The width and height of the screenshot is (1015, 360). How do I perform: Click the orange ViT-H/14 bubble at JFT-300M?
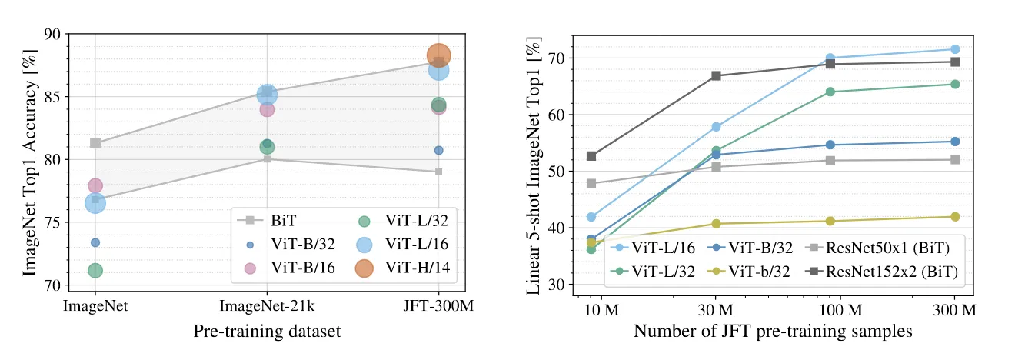[438, 55]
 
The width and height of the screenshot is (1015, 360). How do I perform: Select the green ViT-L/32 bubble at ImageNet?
[95, 270]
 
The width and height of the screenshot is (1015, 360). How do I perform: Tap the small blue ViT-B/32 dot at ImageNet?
[95, 242]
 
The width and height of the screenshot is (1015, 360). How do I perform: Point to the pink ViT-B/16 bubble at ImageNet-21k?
[267, 109]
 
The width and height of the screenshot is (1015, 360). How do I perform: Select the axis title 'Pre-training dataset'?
[266, 332]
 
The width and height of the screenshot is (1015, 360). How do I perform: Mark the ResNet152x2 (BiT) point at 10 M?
[591, 156]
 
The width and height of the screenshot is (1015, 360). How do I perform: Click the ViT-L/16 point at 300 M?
[955, 49]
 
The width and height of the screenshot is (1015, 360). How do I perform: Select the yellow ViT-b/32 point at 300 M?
[955, 217]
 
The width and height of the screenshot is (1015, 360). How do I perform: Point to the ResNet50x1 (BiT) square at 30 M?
[716, 166]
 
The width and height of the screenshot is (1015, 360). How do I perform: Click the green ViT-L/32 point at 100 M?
[830, 92]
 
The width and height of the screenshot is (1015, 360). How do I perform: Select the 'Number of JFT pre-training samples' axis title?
[774, 332]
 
